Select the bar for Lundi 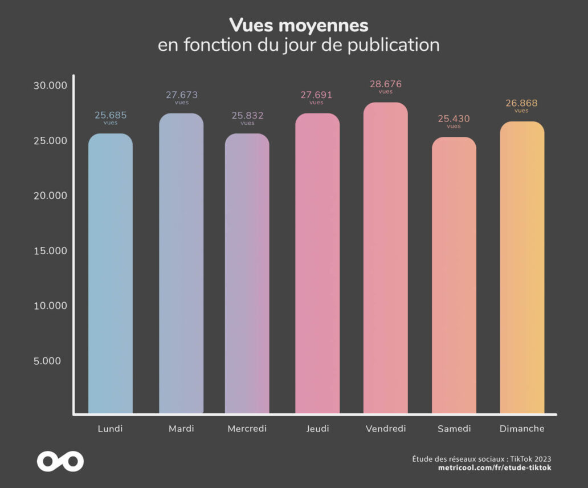click(111, 274)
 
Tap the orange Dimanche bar click(522, 267)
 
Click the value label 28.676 click(386, 84)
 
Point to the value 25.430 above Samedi click(454, 119)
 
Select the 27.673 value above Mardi click(182, 95)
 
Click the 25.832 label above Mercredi click(247, 116)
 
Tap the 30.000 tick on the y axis click(50, 86)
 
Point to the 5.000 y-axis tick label click(55, 361)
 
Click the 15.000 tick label click(50, 251)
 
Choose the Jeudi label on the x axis click(317, 429)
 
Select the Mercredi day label click(247, 429)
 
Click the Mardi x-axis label click(181, 429)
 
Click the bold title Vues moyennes click(299, 25)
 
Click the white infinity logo click(60, 461)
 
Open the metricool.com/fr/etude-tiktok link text click(495, 468)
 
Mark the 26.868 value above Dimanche click(521, 104)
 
